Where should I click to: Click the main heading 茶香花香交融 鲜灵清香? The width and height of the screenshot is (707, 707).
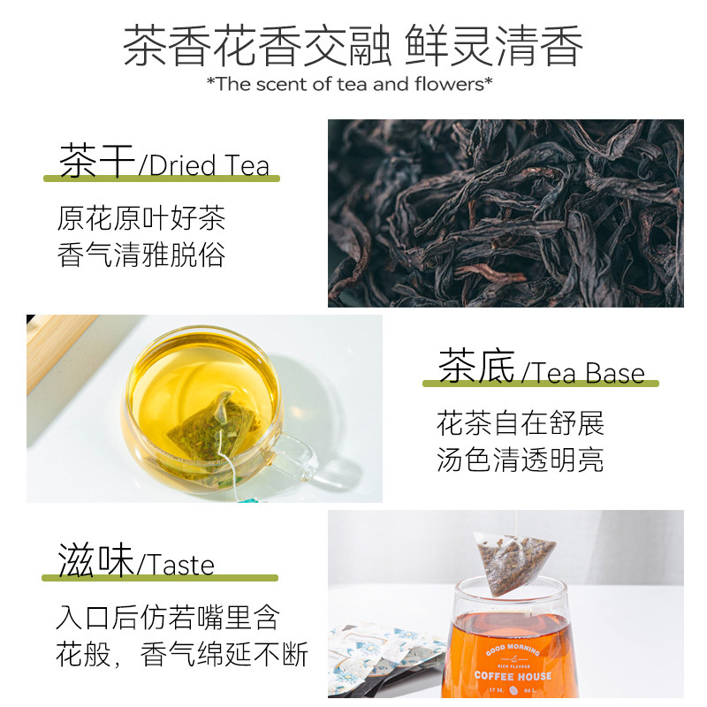[x=353, y=45]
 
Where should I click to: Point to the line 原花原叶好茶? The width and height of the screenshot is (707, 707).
[x=141, y=218]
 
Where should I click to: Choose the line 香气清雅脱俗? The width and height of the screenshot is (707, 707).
[x=141, y=255]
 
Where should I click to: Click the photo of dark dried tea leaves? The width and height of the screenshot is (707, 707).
[x=506, y=213]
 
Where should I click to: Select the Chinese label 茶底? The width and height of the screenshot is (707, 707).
[x=476, y=368]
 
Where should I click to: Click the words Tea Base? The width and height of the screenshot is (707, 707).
[x=589, y=372]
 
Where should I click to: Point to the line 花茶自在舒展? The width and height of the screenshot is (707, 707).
[x=521, y=423]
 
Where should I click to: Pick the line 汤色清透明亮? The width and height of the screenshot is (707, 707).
[x=521, y=460]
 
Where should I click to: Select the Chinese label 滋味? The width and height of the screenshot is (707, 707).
[x=95, y=561]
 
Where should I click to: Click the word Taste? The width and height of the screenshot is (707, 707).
[x=178, y=565]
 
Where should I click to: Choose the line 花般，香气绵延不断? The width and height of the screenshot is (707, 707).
[x=181, y=655]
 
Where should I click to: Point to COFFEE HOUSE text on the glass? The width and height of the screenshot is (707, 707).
[x=513, y=676]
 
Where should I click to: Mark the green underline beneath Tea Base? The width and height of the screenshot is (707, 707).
[x=540, y=384]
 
